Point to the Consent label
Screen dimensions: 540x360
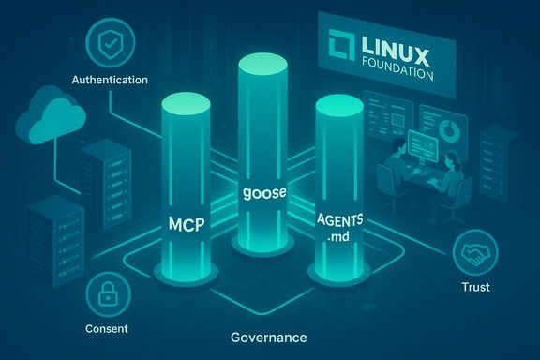coord(106,329)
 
